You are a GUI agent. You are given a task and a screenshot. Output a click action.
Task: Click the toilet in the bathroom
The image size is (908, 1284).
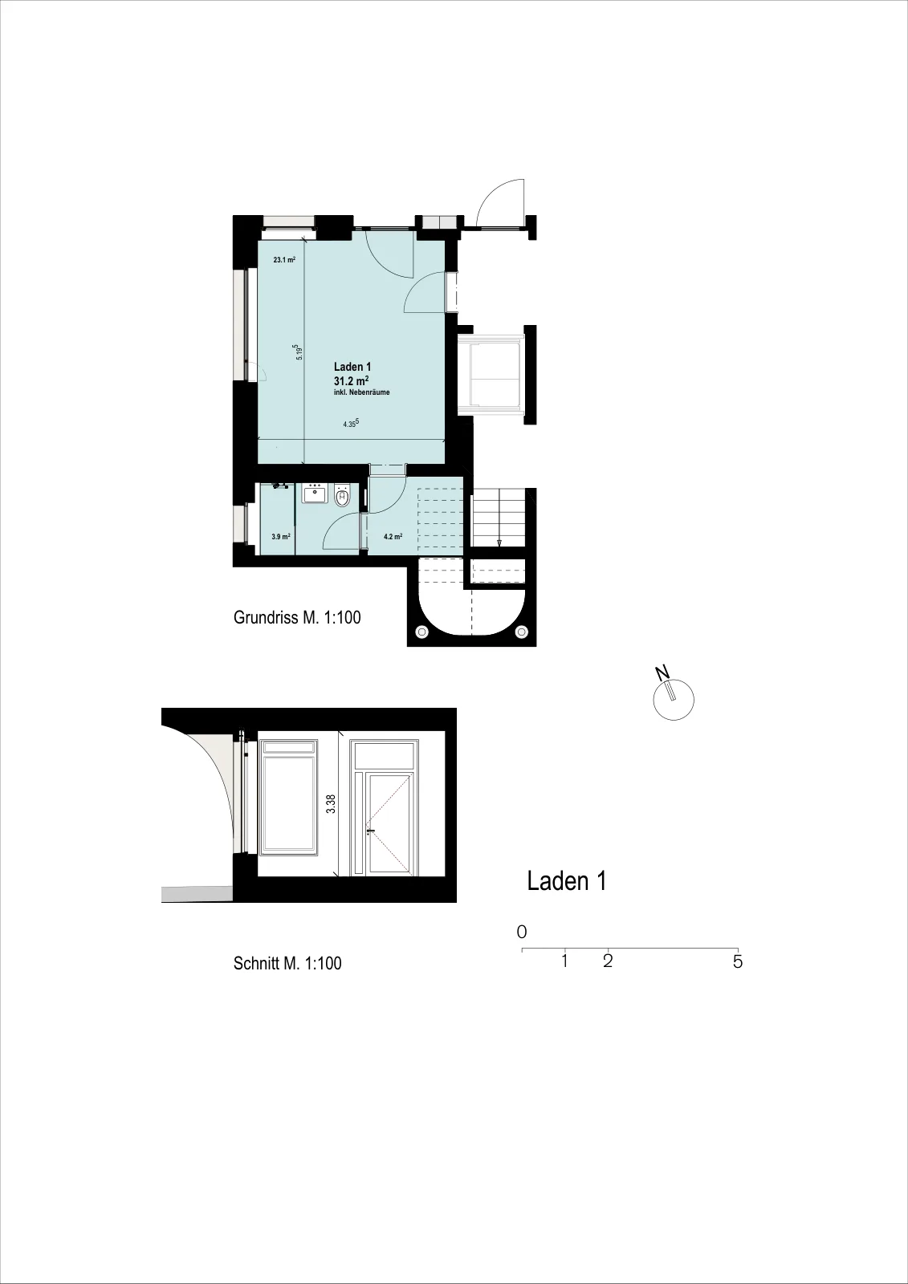click(343, 496)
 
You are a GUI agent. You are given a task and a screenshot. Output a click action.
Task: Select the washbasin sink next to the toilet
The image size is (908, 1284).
click(314, 494)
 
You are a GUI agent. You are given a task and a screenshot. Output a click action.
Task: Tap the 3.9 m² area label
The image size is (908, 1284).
click(280, 537)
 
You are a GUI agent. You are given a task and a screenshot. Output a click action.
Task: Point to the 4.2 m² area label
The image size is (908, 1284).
click(393, 537)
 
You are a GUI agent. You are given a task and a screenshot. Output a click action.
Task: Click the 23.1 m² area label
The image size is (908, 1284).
click(284, 260)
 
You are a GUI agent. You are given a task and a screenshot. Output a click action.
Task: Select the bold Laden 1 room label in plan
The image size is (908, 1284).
click(352, 366)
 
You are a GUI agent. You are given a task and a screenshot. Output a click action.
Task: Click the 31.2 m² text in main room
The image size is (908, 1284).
click(351, 380)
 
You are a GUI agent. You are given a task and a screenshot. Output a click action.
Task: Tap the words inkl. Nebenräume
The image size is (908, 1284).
click(362, 392)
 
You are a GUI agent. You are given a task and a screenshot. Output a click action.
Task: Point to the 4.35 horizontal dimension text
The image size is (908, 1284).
click(351, 424)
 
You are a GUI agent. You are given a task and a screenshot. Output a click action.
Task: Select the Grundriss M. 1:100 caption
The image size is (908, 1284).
click(297, 617)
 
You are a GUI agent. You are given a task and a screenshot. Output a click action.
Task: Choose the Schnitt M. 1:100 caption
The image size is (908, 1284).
click(287, 963)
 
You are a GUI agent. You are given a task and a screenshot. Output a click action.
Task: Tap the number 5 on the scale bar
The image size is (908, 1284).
click(738, 961)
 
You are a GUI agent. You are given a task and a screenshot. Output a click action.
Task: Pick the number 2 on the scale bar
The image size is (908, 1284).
click(608, 961)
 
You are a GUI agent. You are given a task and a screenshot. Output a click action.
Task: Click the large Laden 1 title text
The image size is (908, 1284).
click(567, 882)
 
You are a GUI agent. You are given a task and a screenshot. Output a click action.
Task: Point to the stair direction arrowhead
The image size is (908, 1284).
click(499, 542)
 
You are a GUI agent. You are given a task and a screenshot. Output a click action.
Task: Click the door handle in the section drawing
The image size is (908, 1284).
click(371, 831)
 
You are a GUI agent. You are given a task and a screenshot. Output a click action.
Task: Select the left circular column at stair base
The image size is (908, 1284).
click(422, 632)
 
